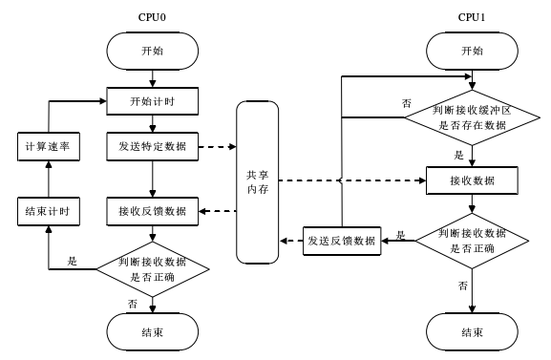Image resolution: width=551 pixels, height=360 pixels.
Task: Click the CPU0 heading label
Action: [x=153, y=16]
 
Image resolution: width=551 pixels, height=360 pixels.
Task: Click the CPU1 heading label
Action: [x=472, y=16]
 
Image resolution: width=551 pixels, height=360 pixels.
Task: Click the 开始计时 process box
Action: [x=153, y=99]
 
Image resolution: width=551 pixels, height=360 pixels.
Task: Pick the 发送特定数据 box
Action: [x=153, y=147]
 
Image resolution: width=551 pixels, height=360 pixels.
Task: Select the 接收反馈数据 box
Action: [x=153, y=210]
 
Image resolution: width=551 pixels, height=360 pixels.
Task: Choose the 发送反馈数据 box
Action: [x=341, y=239]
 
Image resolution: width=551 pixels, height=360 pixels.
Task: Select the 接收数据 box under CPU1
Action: [x=472, y=180]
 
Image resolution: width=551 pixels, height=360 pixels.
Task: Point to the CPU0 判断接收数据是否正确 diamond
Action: [x=153, y=267]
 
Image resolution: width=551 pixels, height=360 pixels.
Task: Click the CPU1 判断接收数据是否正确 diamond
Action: [x=472, y=239]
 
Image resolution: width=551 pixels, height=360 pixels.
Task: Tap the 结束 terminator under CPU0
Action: [x=153, y=331]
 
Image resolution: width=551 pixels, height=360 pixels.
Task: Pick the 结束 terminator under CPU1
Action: [x=472, y=331]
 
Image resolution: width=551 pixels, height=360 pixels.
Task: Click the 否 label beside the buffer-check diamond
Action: [x=407, y=102]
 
